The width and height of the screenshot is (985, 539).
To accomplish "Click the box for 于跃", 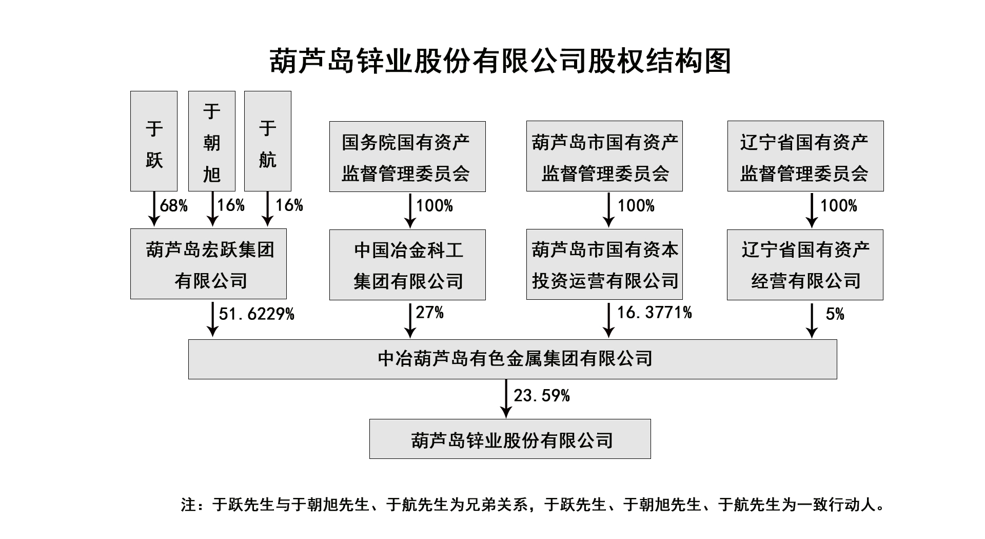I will tap(154, 141).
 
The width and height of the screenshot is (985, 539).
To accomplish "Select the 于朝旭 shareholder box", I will tap(211, 141).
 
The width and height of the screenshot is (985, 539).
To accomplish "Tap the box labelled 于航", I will tap(268, 141).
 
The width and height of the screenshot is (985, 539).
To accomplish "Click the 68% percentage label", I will tap(173, 206).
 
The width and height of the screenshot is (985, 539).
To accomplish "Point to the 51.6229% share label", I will tap(257, 314).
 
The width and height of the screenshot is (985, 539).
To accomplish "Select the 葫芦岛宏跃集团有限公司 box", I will tap(208, 264).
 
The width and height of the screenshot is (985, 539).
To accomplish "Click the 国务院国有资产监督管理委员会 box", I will tap(407, 157).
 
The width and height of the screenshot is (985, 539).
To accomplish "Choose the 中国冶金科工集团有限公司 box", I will tap(407, 265).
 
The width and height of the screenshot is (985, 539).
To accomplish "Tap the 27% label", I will tap(429, 313).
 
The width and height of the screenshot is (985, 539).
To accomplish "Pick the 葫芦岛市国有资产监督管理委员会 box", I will tap(604, 157).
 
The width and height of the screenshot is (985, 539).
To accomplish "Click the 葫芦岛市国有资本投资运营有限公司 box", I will tap(604, 265).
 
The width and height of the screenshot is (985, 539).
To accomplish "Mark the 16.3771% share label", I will tap(654, 313).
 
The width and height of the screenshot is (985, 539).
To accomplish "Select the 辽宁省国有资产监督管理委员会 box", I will tap(805, 157).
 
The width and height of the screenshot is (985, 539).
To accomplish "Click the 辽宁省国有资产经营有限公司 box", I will tap(805, 265).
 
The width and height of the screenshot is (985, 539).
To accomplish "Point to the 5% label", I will tap(835, 314).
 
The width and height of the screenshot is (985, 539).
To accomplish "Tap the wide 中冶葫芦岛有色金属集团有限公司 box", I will tap(513, 359).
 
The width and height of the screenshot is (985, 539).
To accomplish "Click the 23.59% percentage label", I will tap(542, 396).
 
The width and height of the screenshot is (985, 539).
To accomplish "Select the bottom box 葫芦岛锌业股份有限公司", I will tap(510, 439).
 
